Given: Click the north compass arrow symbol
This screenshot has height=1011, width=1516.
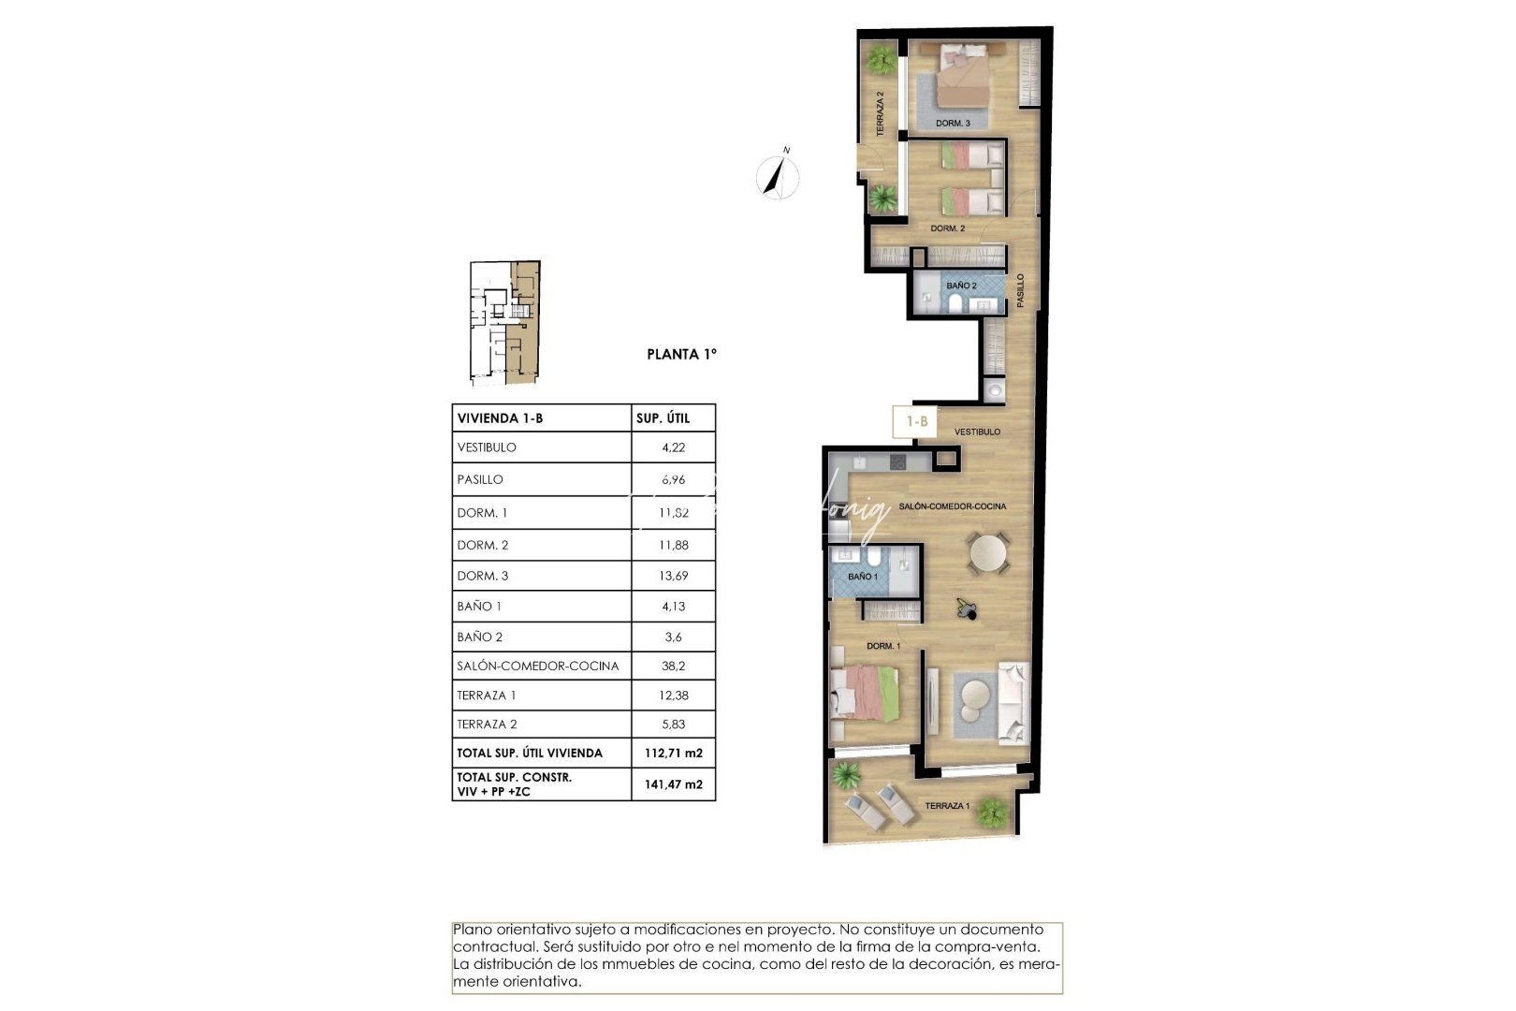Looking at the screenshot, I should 777,175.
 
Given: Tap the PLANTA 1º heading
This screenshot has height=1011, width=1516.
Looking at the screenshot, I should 681,354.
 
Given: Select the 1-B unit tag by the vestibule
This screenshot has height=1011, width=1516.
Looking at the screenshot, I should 916,422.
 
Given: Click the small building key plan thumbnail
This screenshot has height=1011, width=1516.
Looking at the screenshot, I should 504,323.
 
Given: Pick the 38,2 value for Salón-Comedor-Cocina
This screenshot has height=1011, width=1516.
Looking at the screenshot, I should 673,667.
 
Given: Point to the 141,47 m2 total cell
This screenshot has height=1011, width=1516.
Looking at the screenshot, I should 673,784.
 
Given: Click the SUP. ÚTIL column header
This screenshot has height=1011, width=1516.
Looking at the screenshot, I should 663,418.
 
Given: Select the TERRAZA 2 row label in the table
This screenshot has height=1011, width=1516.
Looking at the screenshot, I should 487,725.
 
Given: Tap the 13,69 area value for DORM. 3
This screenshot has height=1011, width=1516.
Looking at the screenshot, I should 673,576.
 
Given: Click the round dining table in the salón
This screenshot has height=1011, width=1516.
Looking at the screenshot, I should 988,553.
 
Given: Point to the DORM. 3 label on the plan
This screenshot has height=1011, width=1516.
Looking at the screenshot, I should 953,124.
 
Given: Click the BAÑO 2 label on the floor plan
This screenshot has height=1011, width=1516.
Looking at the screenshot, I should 961,286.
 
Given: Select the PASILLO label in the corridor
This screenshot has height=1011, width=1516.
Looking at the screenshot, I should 1021,290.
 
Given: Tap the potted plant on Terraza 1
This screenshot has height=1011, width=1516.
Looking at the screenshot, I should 992,813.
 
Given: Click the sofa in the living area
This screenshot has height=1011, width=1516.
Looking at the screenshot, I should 1013,704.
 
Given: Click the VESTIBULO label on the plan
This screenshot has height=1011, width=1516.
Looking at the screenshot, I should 977,432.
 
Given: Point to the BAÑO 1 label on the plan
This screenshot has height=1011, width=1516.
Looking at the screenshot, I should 863,577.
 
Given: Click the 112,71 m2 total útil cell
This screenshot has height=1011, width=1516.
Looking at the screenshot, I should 673,753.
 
